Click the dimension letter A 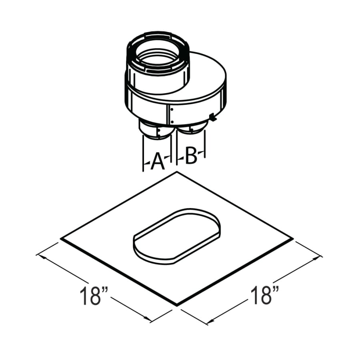tap(157, 162)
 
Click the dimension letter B tap(191, 157)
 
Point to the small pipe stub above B tap(191, 129)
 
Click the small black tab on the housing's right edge tap(212, 118)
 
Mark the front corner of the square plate tap(177, 305)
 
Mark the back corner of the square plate tap(176, 172)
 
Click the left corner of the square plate tap(61, 239)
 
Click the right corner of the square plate tap(293, 239)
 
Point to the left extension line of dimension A tap(143, 154)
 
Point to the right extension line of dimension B tap(205, 144)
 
